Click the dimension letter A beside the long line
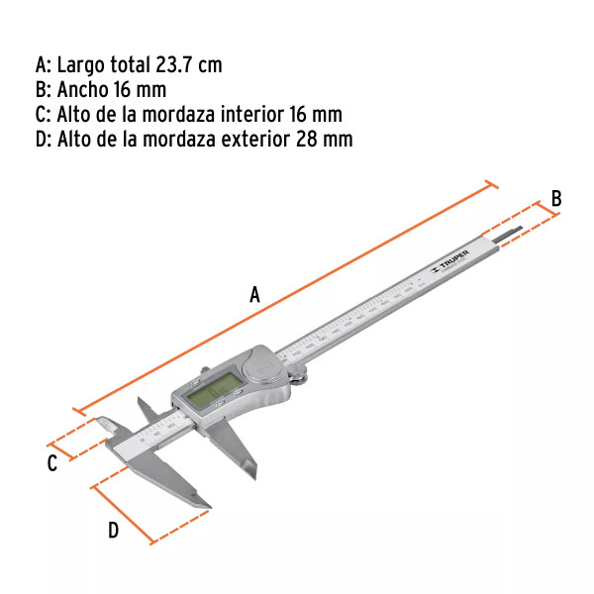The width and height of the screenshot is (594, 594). coord(254,294)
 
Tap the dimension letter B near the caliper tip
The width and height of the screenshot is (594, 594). coord(556,198)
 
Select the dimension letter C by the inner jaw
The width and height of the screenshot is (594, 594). coord(51,463)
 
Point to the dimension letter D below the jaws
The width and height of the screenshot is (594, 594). coord(113,531)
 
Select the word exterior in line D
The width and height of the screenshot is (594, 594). coord(256,140)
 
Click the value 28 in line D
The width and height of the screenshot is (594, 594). coord(307,140)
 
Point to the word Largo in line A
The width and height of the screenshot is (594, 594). coord(82,65)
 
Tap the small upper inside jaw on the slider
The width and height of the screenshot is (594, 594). coord(147,408)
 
